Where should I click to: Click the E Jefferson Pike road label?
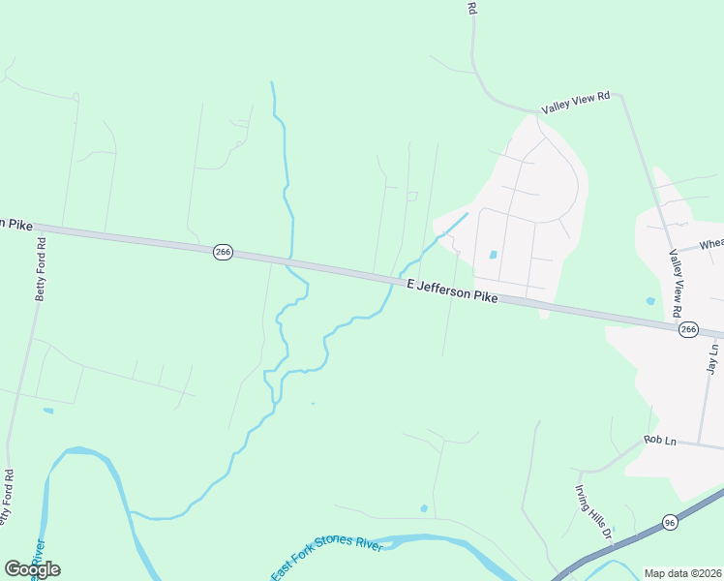point(452,291)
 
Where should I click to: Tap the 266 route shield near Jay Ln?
point(687,330)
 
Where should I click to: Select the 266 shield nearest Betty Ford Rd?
point(223,252)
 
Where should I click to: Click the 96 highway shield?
point(670,523)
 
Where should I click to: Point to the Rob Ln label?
point(657,441)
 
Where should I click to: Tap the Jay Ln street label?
point(712,359)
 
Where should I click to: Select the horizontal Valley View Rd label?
point(575,103)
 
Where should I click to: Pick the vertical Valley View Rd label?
point(676,282)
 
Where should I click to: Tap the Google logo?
point(32,568)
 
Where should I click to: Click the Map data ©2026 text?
point(682,573)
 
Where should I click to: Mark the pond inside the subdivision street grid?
point(494,256)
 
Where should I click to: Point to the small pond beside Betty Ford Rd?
point(48,411)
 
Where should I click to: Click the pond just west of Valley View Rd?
point(650,301)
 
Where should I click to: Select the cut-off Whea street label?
point(710,245)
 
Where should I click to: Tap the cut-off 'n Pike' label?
point(15,224)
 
